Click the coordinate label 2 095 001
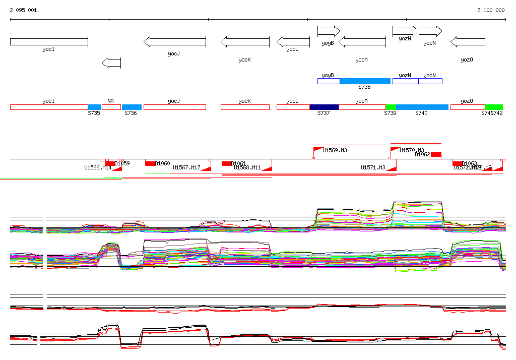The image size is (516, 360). tap(23, 10)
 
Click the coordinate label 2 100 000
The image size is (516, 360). tap(491, 10)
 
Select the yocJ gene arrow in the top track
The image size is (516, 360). tap(174, 42)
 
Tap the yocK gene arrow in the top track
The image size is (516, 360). tap(245, 42)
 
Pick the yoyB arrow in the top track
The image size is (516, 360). tap(329, 31)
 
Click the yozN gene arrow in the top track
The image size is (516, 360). tap(406, 31)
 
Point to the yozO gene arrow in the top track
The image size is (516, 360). tap(468, 42)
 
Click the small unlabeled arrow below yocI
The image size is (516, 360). tap(111, 63)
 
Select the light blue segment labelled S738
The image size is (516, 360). tap(365, 81)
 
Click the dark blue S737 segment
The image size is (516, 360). tap(324, 107)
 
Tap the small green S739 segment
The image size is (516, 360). tap(391, 107)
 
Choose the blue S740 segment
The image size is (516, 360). tap(422, 107)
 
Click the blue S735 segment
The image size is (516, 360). tap(94, 107)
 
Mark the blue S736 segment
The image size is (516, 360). tap(132, 107)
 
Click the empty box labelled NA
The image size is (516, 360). tap(111, 107)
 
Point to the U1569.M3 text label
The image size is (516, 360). tap(335, 150)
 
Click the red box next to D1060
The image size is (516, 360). tap(150, 163)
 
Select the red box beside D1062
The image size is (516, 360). tap(436, 154)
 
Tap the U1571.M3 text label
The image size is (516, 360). tap(373, 167)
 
